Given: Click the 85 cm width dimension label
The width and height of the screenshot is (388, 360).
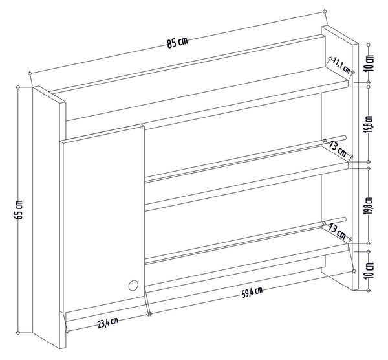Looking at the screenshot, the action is click(177, 43).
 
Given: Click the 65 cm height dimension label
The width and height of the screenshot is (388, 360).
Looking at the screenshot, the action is click(19, 210).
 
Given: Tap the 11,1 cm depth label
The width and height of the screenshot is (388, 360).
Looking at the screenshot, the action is click(341, 65).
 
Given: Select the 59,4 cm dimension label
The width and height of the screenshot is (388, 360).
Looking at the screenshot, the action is click(252, 293).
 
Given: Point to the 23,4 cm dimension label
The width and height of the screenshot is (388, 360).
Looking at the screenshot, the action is click(107, 322).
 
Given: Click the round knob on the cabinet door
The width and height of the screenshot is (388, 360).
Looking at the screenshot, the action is click(133, 286).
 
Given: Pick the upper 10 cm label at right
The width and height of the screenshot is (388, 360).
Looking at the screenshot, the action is click(369, 63).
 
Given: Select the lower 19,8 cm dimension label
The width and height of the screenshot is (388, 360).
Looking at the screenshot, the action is click(369, 206).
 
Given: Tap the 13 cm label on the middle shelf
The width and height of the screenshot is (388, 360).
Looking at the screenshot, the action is click(338, 149).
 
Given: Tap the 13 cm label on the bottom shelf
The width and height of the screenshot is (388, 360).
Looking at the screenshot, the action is click(337, 231).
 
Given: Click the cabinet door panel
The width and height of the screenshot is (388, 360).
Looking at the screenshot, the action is click(103, 218).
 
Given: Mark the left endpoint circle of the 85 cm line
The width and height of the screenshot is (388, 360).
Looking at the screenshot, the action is click(30, 73).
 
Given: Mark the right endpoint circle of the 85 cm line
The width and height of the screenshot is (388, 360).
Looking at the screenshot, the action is click(325, 11).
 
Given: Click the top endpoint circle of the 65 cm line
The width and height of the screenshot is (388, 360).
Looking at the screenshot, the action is click(18, 87).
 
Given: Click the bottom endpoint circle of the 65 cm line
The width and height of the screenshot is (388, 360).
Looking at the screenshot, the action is click(18, 333).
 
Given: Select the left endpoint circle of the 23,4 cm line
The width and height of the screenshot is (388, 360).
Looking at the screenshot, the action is click(67, 332).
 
